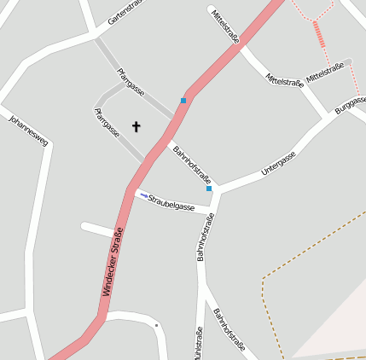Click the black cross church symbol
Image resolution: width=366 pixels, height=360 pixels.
[136, 127]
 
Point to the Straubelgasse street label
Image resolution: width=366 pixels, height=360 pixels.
[171, 203]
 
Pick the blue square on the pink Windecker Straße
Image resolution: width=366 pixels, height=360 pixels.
[183, 101]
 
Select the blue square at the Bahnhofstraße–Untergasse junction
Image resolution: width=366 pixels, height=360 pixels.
[209, 189]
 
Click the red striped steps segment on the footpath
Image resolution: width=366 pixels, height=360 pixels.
[319, 34]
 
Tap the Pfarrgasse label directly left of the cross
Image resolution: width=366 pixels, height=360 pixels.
[107, 124]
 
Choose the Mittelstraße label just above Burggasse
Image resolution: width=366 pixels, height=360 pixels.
[324, 73]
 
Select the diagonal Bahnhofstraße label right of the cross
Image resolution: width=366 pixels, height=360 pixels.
[191, 164]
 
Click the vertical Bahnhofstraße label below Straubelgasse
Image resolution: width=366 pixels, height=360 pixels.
[204, 236]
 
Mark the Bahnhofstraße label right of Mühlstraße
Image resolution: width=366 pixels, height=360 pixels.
[229, 329]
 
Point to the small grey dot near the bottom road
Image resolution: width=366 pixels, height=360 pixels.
[157, 325]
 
